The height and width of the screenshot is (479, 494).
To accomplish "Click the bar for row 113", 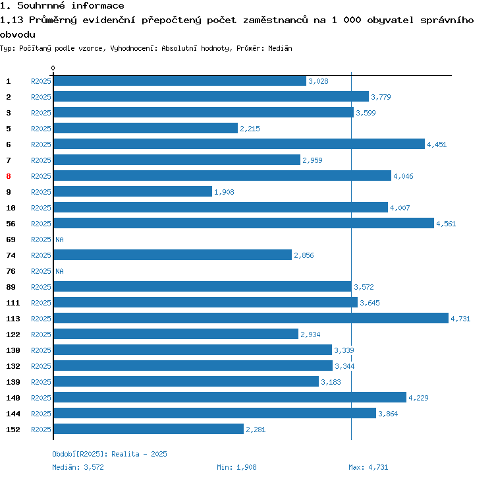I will pos(250,319).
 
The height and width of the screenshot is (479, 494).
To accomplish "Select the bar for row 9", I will pos(132,192).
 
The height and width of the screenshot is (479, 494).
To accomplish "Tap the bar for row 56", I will pos(244,224).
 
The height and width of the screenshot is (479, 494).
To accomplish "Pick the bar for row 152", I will pos(148,430).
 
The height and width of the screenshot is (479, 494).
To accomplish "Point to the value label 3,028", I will pos(318,81).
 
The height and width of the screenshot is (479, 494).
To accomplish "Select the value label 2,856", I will pos(304,255).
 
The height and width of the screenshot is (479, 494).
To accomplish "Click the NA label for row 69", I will pos(59,239).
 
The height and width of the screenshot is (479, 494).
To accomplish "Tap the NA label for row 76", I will pos(59,271).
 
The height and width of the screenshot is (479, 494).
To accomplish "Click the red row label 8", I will pos(9,176).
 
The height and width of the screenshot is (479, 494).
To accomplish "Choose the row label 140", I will pos(13,398).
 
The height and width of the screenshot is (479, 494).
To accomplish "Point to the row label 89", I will pos(11,287).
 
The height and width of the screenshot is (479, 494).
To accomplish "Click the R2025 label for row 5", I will pos(41,129).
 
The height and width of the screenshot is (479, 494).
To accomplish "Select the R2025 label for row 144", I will pos(41,414).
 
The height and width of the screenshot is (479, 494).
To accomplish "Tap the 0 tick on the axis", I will pos(53,69).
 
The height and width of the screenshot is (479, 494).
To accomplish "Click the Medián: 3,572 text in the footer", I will pos(79,467).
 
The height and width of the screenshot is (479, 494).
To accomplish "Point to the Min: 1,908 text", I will pos(236,467).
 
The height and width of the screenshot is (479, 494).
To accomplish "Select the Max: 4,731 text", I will pos(369,467).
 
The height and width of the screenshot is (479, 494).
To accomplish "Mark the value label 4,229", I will pos(418,398).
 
